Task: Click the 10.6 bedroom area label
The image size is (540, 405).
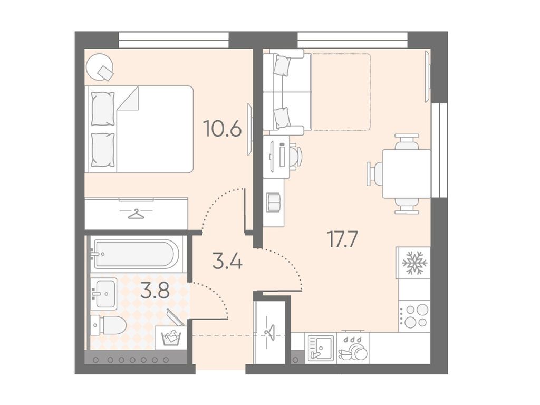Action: pos(222,128)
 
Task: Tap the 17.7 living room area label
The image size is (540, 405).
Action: pos(343,239)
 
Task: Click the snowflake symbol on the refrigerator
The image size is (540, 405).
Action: pos(414,263)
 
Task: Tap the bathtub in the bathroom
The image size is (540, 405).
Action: pos(136,254)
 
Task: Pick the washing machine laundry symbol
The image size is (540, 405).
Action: pos(171,337)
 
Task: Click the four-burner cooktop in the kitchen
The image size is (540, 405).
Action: pos(414,316)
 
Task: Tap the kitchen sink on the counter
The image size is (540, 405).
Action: pos(319,348)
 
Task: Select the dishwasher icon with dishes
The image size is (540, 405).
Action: pos(353,348)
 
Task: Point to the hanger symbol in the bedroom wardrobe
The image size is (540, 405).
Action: pos(137,214)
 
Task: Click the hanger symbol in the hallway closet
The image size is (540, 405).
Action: pos(270,333)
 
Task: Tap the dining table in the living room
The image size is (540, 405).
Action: pos(407,174)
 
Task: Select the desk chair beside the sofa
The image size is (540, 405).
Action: pos(294,156)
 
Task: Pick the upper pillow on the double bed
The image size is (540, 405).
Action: pos(103,109)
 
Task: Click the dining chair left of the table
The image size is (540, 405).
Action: pos(375,174)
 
